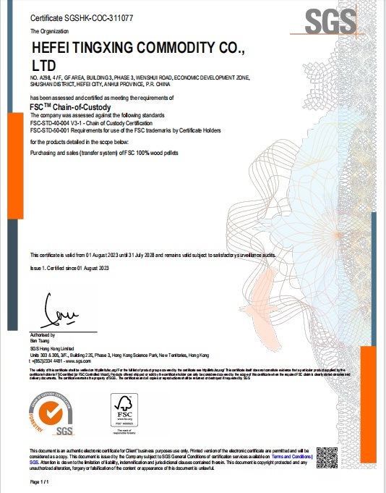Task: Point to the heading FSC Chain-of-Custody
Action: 69,106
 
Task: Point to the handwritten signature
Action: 58,313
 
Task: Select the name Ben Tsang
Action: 40,341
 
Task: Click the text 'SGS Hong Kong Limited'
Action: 50,349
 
